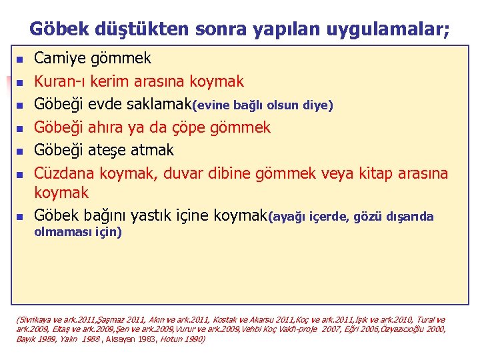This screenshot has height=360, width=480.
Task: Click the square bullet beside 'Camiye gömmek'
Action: pyautogui.click(x=20, y=60)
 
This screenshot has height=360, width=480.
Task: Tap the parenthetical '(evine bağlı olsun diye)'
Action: pyautogui.click(x=263, y=105)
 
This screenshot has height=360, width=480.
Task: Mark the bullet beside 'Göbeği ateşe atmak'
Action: pyautogui.click(x=20, y=151)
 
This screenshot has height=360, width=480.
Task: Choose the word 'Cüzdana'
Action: pyautogui.click(x=65, y=173)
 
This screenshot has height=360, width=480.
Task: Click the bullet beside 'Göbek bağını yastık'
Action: pyautogui.click(x=20, y=217)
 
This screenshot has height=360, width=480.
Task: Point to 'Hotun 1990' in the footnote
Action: pyautogui.click(x=184, y=339)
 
